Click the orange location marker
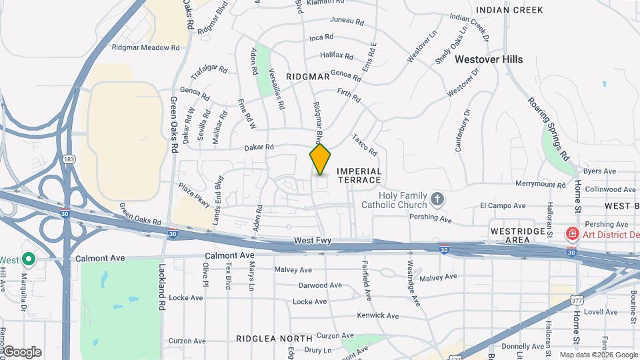(320, 159)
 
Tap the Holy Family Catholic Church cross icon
(437, 199)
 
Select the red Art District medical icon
(571, 234)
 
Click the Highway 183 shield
(68, 159)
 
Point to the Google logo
(22, 352)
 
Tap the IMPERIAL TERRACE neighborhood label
(359, 176)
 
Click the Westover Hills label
(489, 59)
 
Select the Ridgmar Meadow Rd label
(146, 48)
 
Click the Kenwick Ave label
(377, 315)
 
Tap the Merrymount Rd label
(541, 184)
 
